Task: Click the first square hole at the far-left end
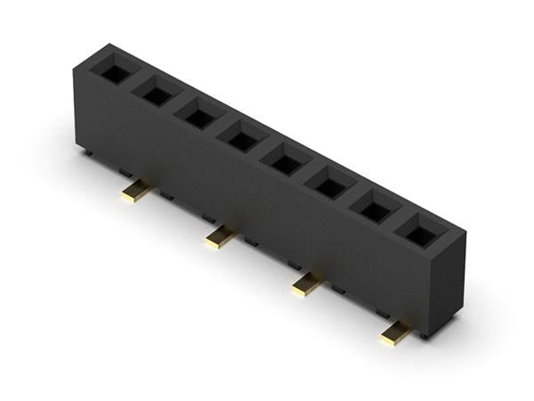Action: coord(116,73)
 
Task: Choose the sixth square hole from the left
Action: coord(330,185)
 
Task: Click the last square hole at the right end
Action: coord(417,233)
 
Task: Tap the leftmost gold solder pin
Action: coord(136,191)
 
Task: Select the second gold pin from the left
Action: coord(219,237)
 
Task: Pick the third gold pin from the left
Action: coord(306,284)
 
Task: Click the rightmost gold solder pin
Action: coord(394,333)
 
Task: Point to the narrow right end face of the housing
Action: coord(450,285)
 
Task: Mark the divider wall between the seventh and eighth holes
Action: coord(396,221)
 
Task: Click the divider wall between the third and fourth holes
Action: coord(221,127)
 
